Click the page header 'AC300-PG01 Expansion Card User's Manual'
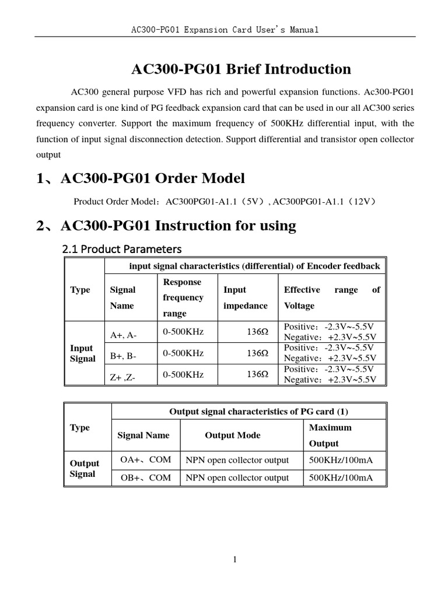[x=225, y=30]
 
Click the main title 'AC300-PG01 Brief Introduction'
[x=241, y=69]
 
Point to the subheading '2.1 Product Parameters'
[x=122, y=249]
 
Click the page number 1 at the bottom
[x=235, y=560]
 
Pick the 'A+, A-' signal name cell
[x=124, y=335]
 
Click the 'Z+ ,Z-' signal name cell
[x=123, y=377]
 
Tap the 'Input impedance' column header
[x=245, y=297]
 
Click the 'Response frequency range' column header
[x=183, y=297]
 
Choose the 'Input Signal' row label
[x=82, y=353]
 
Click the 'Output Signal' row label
[x=85, y=468]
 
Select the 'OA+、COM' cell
[x=145, y=459]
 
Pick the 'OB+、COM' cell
[x=145, y=477]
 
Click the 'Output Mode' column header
[x=232, y=436]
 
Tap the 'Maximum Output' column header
[x=330, y=436]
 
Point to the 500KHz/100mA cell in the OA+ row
[x=341, y=460]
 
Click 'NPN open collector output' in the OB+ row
[x=237, y=477]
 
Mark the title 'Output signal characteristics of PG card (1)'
[x=258, y=412]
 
